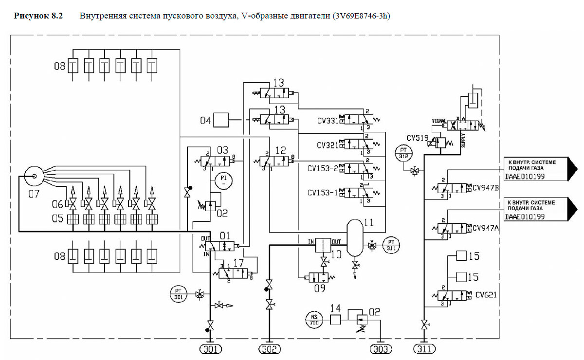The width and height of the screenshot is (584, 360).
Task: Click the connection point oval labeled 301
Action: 210,349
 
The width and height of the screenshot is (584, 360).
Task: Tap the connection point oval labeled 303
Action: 381,349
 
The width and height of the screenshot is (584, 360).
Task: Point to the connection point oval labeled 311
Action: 425,349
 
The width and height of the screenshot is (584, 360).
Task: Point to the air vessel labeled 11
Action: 356,237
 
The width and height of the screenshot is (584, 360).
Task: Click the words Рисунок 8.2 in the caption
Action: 38,16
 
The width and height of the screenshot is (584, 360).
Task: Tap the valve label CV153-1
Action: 323,193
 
